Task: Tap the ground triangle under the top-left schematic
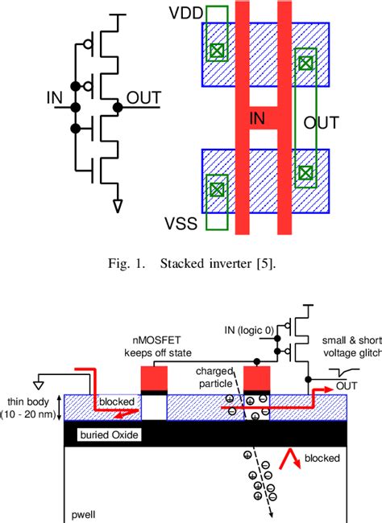[118, 205]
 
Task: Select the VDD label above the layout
[185, 14]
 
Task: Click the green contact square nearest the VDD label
[215, 51]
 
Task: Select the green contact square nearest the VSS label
[215, 191]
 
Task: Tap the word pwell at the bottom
[81, 512]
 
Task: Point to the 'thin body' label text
[30, 400]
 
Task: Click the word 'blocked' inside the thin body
[115, 400]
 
